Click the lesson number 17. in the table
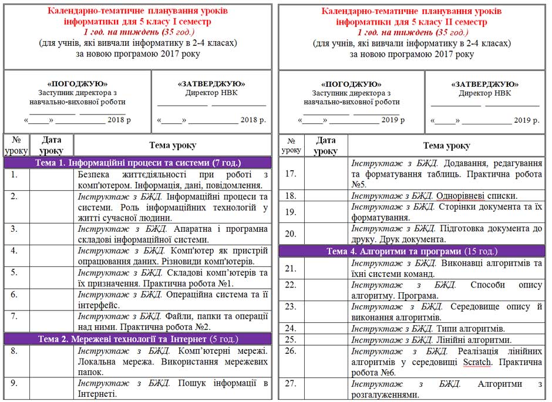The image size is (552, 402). (290, 173)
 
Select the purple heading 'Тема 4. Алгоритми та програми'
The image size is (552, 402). (411, 251)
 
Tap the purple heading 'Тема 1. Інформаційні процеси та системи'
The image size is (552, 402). (138, 163)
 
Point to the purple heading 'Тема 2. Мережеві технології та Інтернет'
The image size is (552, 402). (138, 339)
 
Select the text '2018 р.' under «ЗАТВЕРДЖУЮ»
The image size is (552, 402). (254, 120)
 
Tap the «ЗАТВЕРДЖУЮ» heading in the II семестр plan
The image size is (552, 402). (484, 84)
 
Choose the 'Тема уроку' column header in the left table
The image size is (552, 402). (173, 145)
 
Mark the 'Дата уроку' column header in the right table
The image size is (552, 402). (326, 146)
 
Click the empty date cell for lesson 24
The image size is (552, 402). (326, 329)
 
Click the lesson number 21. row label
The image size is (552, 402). (290, 268)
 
